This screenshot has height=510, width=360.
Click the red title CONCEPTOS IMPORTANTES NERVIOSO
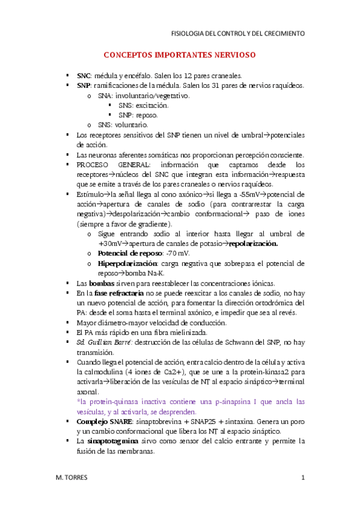[x=180, y=55]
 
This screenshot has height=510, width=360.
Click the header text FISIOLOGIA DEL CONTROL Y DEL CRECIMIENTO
[x=238, y=33]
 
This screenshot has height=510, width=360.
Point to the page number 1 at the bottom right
[x=304, y=478]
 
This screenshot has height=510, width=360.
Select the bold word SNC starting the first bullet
[x=83, y=76]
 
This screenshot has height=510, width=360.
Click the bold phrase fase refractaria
[x=118, y=292]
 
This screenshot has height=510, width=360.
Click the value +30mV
[x=112, y=244]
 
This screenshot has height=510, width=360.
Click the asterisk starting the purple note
[x=79, y=401]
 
